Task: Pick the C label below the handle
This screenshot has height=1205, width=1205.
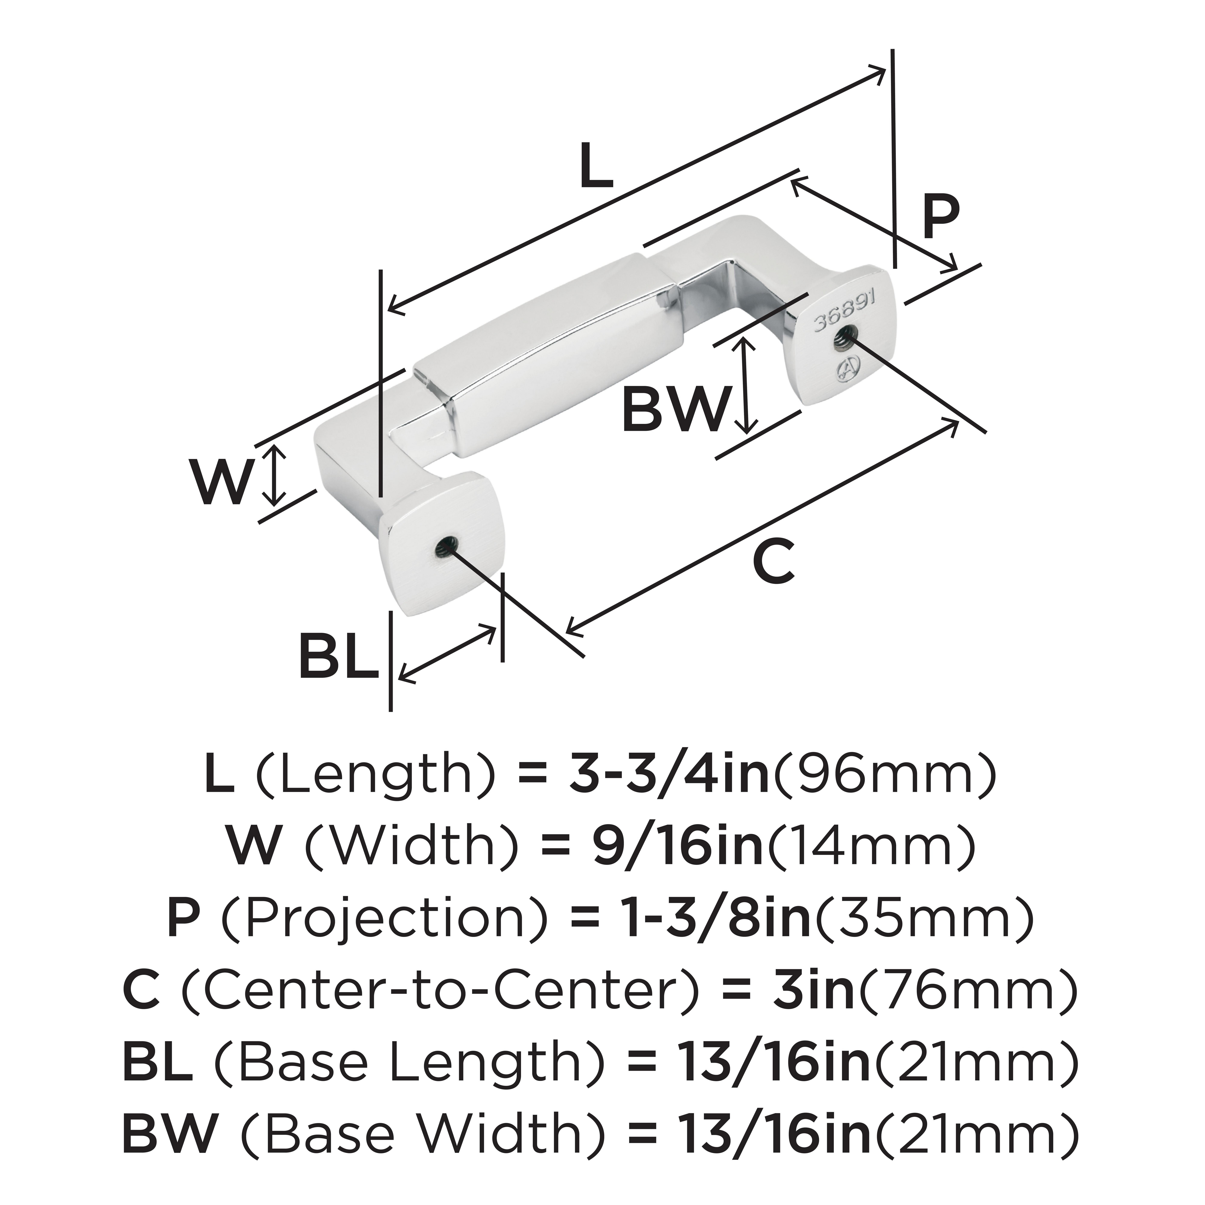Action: (773, 561)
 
